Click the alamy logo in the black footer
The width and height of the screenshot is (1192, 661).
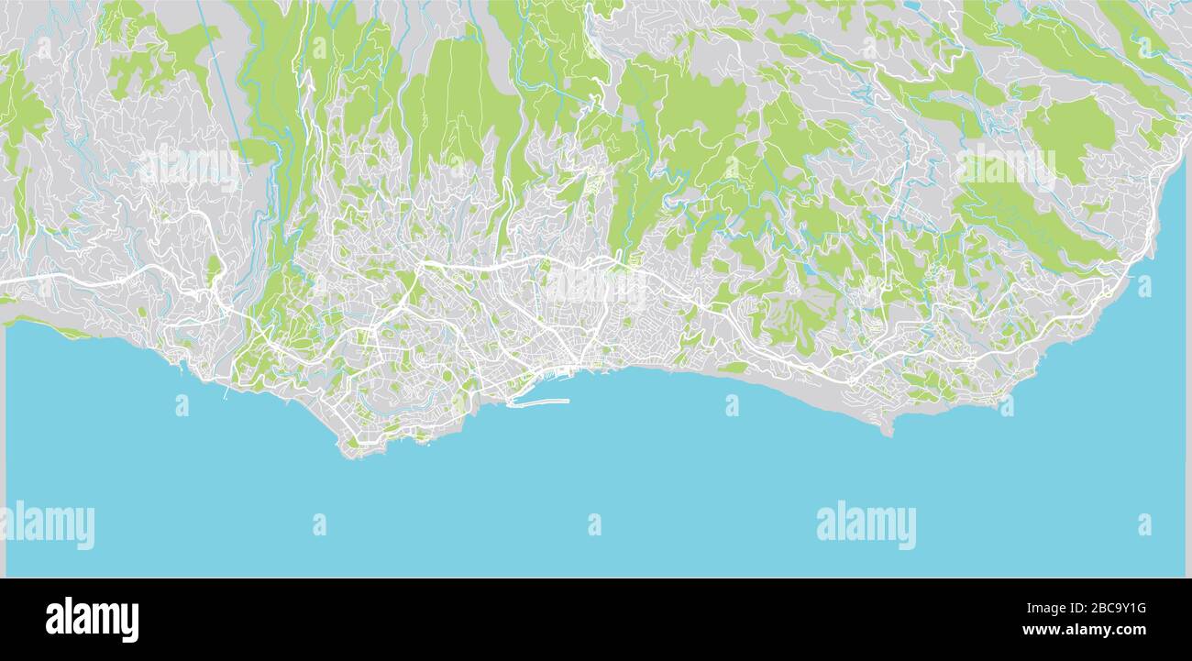92,620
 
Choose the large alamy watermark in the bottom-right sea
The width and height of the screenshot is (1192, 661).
866,525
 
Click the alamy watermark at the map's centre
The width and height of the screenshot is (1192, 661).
596,286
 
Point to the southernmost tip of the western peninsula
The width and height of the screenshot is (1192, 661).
351,452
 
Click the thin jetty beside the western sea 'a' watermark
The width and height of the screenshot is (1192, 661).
226,391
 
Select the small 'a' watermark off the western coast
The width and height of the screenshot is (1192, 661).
182,405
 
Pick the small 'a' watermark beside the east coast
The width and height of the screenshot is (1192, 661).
1144,286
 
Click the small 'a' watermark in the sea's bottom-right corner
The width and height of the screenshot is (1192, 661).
1144,524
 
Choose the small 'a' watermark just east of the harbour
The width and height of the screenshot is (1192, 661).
732,405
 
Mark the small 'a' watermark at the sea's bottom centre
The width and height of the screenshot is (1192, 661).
594,524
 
